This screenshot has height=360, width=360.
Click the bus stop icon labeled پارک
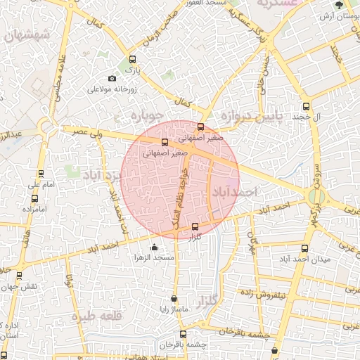coord(132,60)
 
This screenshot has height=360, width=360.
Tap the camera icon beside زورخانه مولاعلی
coord(112,79)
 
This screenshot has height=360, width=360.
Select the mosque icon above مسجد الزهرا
coord(155,247)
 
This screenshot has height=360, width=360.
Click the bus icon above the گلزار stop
coord(195,226)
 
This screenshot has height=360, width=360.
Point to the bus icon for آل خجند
coord(305,106)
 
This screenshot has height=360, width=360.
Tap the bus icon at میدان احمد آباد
coord(304,248)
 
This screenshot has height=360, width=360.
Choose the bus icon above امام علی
coord(41,174)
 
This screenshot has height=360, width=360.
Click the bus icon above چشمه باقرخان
coord(183,334)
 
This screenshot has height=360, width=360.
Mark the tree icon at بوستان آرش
coord(340,6)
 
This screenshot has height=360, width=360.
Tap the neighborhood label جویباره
coord(149,114)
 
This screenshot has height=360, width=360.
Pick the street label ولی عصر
coord(89,131)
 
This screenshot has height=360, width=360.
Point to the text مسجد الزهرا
coord(154,259)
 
